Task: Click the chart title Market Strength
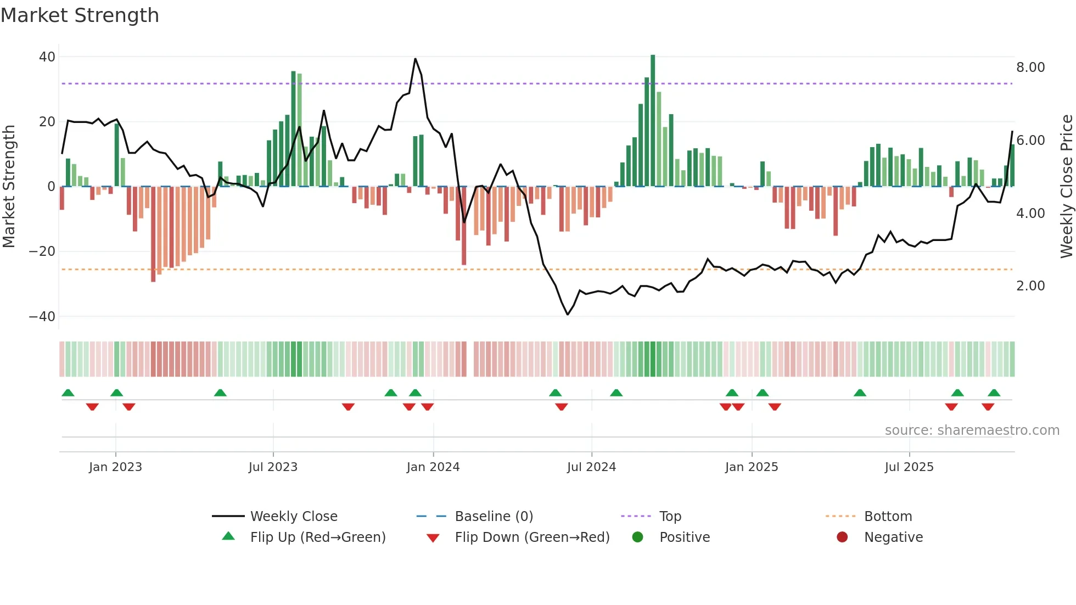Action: coord(80,15)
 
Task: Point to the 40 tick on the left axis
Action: coord(47,57)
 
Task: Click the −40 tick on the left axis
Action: coord(42,317)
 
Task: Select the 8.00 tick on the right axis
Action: coord(1030,68)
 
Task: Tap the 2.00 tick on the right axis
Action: coord(1030,286)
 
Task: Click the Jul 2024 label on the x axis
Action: coord(591,467)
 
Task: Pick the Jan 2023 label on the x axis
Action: coord(115,467)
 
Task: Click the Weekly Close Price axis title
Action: coord(1066,187)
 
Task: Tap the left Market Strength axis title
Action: coord(9,187)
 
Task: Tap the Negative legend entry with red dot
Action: coord(893,537)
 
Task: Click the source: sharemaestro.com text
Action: coord(972,430)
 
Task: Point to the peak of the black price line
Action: coord(415,59)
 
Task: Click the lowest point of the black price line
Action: coord(568,314)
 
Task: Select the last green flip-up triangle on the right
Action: coord(994,393)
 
